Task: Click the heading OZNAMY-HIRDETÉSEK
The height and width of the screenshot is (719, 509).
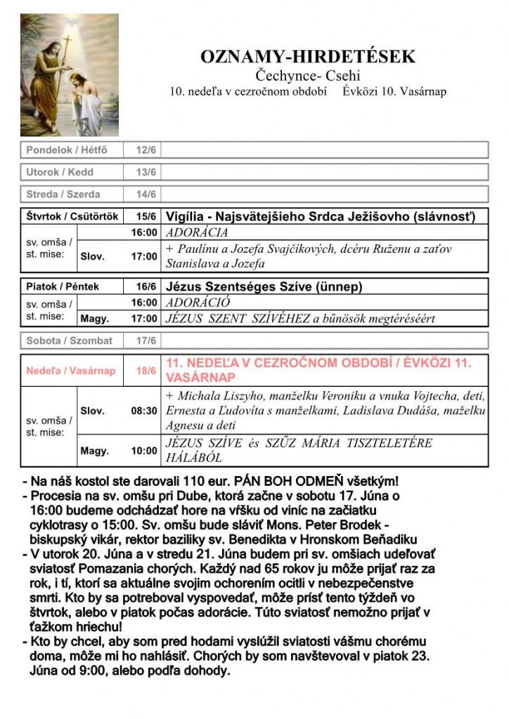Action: click(309, 58)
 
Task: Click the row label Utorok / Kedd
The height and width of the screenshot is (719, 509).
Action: click(60, 172)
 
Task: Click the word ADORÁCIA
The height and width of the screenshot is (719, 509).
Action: click(197, 232)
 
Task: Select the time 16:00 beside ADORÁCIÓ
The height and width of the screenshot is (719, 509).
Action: click(144, 303)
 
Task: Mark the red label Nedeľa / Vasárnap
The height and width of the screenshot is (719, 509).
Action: click(70, 370)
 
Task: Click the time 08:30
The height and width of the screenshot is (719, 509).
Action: click(144, 411)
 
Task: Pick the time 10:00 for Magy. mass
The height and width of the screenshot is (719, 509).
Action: click(144, 451)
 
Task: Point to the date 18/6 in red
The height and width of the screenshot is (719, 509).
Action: click(147, 370)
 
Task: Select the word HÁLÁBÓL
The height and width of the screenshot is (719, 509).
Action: click(194, 458)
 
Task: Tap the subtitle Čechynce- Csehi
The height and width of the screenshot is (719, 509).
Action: click(309, 76)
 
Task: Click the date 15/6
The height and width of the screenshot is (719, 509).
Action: click(147, 216)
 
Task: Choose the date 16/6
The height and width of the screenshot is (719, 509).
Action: click(147, 286)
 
